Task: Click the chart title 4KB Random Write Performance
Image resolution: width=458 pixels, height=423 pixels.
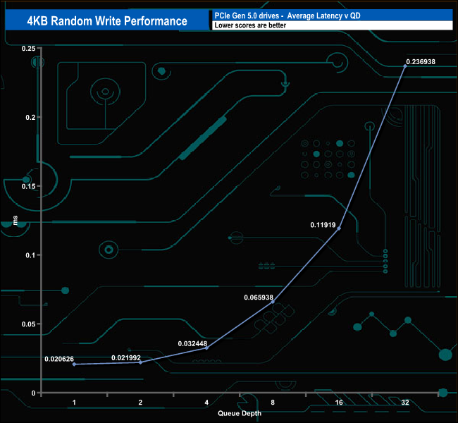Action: [x=107, y=21]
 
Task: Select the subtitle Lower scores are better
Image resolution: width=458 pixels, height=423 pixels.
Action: [x=250, y=25]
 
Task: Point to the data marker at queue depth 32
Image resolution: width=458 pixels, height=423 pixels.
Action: [x=405, y=66]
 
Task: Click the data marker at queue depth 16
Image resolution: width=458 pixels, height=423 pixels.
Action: [x=339, y=228]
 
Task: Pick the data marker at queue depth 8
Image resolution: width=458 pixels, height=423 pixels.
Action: [x=273, y=302]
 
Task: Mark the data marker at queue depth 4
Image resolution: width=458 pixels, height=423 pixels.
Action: [x=206, y=348]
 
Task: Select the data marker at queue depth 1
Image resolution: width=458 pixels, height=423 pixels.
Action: [x=74, y=364]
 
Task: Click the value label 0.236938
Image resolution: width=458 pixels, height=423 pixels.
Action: [x=421, y=61]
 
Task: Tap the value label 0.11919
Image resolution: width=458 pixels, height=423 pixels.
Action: [x=323, y=225]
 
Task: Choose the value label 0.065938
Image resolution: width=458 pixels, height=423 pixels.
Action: [x=259, y=298]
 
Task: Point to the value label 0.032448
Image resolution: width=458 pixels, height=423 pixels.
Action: [x=192, y=343]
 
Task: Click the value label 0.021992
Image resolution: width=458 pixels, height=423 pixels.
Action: [x=126, y=358]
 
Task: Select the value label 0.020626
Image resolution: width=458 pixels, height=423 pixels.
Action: [x=59, y=359]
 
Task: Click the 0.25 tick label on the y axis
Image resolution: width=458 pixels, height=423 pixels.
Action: [x=28, y=48]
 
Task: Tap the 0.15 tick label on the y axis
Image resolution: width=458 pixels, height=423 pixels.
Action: [x=28, y=186]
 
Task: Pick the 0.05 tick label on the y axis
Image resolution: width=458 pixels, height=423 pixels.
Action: [x=28, y=324]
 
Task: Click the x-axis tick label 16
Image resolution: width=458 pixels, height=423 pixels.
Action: [x=339, y=403]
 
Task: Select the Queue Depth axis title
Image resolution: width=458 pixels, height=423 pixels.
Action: [x=240, y=413]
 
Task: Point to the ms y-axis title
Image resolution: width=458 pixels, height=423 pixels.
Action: [x=16, y=220]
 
